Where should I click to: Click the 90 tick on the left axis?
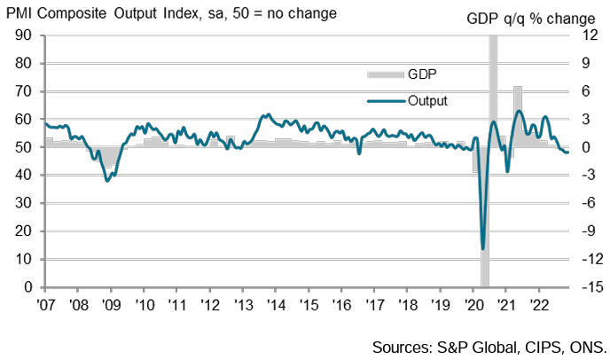coord(23,35)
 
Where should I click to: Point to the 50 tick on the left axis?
coord(23,147)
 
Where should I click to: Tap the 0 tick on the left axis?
coord(27,287)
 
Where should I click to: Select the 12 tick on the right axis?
coord(583,35)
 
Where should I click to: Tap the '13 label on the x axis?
coord(242,303)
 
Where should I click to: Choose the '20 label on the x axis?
coord(473,303)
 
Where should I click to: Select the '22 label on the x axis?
coord(538,303)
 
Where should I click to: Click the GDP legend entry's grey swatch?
coord(384,74)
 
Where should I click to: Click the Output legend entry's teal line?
coord(384,100)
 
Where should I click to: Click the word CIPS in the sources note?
coord(541,345)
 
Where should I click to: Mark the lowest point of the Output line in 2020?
coord(482,248)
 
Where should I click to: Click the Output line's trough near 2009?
coord(107,181)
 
